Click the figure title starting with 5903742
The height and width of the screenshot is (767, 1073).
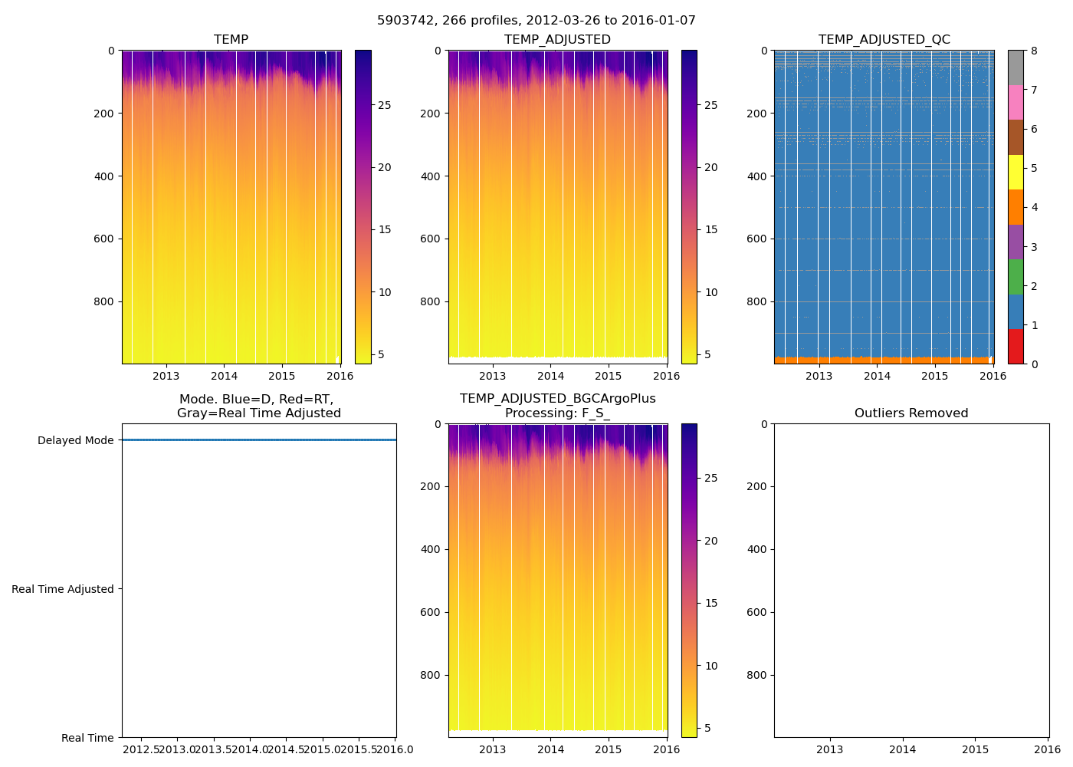(x=536, y=21)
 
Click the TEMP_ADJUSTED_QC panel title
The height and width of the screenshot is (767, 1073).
(x=884, y=40)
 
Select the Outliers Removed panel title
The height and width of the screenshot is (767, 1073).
(x=911, y=413)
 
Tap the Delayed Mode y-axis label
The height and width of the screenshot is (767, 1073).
(x=76, y=440)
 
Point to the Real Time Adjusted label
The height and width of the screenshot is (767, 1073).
(x=63, y=589)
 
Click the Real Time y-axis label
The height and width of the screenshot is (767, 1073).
(x=87, y=738)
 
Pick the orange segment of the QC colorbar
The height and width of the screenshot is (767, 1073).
(x=1016, y=207)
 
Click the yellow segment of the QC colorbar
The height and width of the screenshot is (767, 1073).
(x=1016, y=172)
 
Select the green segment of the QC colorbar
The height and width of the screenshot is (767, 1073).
(x=1016, y=277)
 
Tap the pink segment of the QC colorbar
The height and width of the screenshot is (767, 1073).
(x=1016, y=102)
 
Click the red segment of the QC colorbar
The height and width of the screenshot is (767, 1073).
(x=1016, y=347)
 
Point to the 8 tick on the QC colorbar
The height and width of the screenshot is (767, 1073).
(x=1034, y=51)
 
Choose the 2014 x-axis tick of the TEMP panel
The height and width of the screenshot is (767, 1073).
(x=224, y=376)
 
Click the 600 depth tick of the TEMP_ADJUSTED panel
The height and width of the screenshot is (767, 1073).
(x=431, y=239)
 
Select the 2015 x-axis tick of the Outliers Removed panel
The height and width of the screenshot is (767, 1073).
(x=975, y=749)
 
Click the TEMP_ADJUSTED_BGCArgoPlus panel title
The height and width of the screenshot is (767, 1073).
(x=557, y=406)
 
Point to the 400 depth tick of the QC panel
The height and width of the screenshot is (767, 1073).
(x=757, y=176)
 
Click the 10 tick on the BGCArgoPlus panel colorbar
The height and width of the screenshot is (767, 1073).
(x=711, y=666)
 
